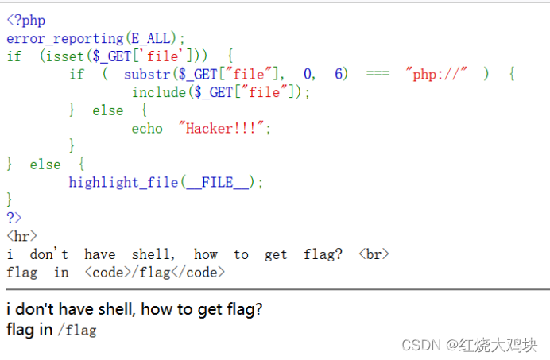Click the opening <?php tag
pyautogui.click(x=25, y=21)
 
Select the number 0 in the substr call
pyautogui.click(x=308, y=74)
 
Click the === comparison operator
pyautogui.click(x=378, y=74)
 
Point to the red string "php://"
pyautogui.click(x=437, y=74)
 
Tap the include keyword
pyautogui.click(x=160, y=92)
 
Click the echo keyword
pyautogui.click(x=147, y=128)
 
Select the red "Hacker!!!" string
pyautogui.click(x=225, y=128)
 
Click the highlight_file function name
pyautogui.click(x=123, y=182)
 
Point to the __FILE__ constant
pyautogui.click(x=217, y=182)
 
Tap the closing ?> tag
pyautogui.click(x=14, y=218)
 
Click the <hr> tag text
pyautogui.click(x=21, y=236)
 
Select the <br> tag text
pyautogui.click(x=374, y=254)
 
